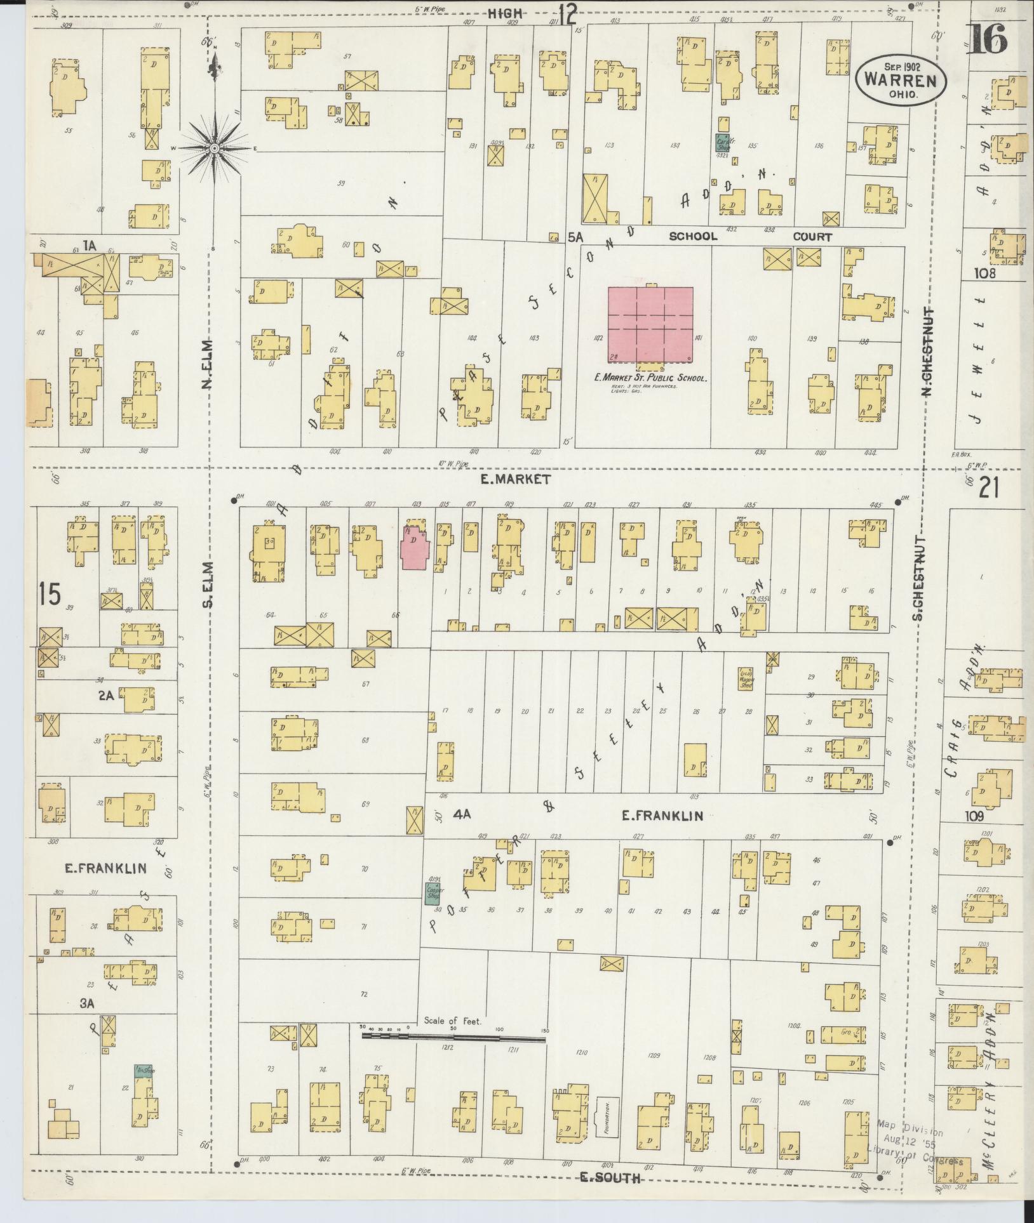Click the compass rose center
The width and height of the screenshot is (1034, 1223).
(x=215, y=148)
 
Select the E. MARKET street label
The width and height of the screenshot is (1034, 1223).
(x=515, y=480)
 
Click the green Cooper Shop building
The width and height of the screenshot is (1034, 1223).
(x=434, y=892)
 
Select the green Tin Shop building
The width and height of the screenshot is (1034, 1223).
(x=143, y=1070)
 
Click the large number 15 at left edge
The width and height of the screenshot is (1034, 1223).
(x=49, y=595)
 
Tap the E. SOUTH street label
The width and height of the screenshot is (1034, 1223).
(x=610, y=1179)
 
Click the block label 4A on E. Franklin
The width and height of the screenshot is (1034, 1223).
(x=462, y=814)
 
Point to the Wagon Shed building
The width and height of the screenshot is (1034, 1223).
(x=745, y=678)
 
